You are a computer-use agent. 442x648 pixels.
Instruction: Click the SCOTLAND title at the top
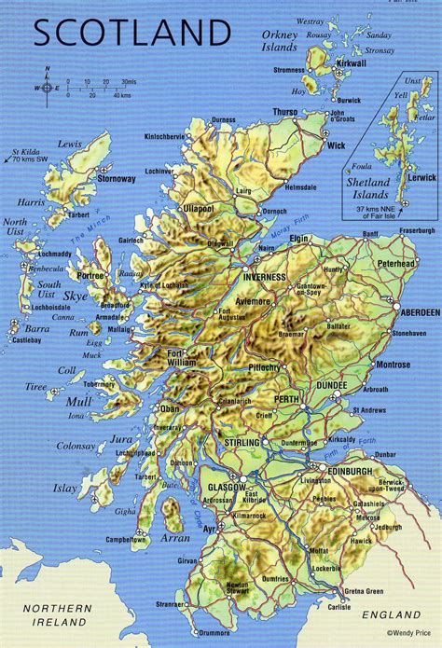131,34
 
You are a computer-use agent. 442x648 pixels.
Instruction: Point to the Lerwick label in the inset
421,175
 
